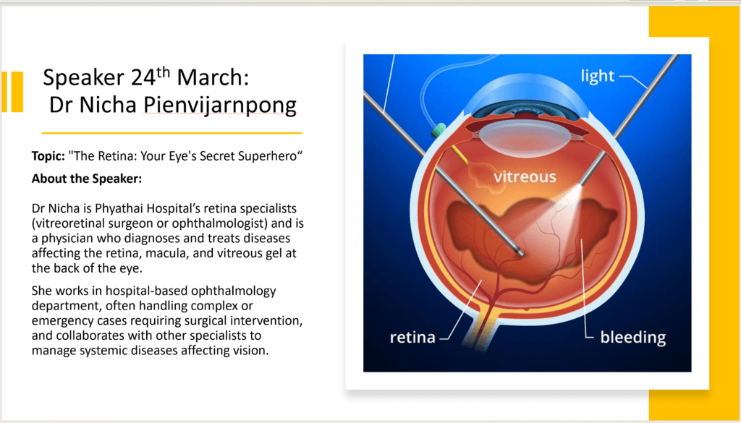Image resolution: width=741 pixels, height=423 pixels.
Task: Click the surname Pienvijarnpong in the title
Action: (220, 106)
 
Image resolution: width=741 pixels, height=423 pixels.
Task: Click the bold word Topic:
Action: (48, 156)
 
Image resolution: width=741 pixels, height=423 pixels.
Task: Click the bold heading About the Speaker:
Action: (87, 179)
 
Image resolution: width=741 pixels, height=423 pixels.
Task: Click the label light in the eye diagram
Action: (597, 76)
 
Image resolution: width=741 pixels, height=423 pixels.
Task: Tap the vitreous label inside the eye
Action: (525, 176)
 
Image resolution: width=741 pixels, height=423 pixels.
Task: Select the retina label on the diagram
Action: (412, 337)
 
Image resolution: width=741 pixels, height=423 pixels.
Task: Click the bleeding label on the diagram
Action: (632, 338)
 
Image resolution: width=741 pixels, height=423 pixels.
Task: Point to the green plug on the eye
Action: (438, 130)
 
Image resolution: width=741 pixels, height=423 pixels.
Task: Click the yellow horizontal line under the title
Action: (172, 133)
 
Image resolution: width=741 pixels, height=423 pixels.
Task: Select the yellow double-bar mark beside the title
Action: (12, 92)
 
